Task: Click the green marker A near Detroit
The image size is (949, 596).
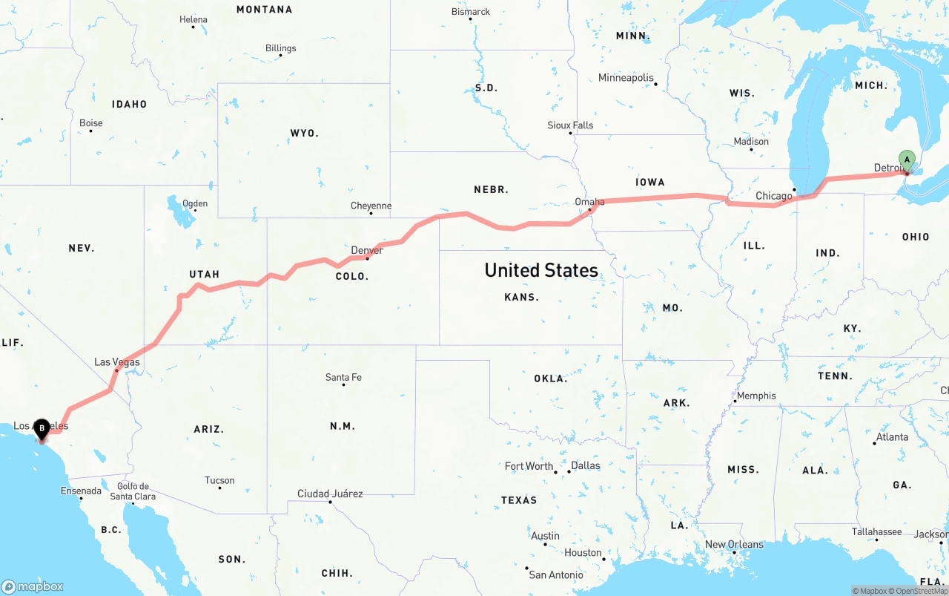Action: [x=906, y=159]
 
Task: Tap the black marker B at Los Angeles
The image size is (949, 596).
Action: [x=42, y=428]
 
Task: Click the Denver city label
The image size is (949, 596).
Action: [x=367, y=250]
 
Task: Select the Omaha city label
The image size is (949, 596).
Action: [x=589, y=202]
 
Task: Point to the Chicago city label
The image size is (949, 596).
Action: [x=773, y=196]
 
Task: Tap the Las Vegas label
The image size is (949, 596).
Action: [x=116, y=362]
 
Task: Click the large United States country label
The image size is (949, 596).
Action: [x=541, y=270]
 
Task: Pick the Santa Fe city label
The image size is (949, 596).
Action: [x=343, y=378]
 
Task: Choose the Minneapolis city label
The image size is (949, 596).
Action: [x=626, y=78]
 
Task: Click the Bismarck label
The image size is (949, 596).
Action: [x=471, y=12]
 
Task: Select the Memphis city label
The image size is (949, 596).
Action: [x=756, y=396]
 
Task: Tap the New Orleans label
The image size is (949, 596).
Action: [x=734, y=544]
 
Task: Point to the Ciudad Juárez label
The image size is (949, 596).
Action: [x=330, y=494]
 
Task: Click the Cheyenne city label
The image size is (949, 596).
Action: [x=371, y=206]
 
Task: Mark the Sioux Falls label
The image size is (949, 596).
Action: [x=570, y=125]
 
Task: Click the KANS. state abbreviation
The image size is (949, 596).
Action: [x=522, y=297]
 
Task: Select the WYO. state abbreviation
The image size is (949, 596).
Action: [x=304, y=134]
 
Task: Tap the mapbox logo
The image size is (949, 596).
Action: [x=33, y=586]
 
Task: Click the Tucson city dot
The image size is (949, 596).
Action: [x=219, y=489]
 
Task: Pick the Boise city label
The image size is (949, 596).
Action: [x=90, y=123]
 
